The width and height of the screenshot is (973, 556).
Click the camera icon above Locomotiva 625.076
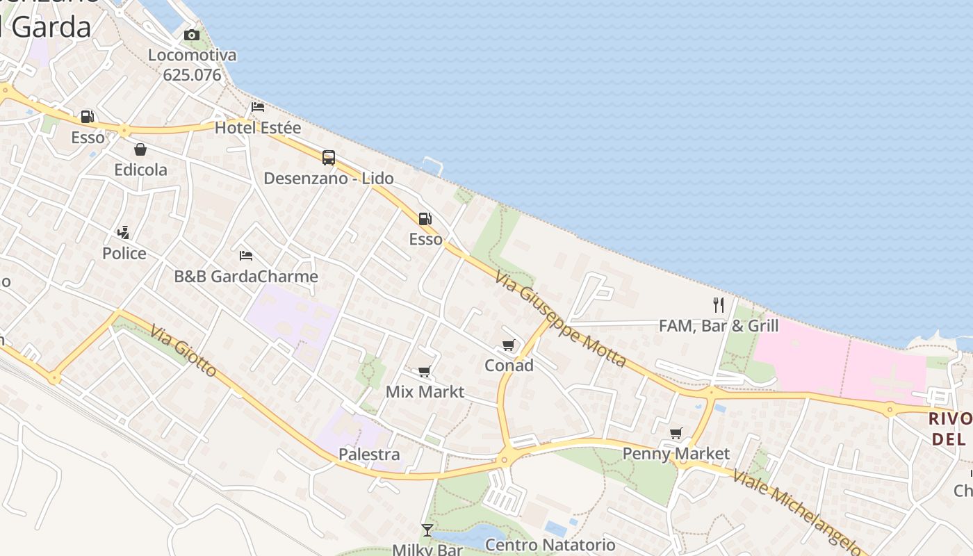pos(192,35)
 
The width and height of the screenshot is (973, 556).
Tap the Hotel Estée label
pos(258,128)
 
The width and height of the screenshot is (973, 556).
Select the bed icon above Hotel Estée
pos(258,107)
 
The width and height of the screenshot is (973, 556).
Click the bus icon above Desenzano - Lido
pos(329,158)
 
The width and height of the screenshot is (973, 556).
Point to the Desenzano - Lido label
pos(329,179)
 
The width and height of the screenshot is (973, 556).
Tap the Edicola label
pos(141,170)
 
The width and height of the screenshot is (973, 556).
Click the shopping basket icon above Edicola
pos(140,149)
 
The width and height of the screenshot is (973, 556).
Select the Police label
pos(124,254)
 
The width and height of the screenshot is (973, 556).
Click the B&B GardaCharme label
pos(246,277)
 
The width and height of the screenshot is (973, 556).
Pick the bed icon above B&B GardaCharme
pos(246,256)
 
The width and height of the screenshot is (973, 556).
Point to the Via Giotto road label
pos(183,352)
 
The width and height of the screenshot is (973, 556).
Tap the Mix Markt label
pos(425,392)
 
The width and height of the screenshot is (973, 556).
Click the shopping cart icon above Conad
pos(509,345)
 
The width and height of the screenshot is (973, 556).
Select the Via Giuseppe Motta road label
pos(561,319)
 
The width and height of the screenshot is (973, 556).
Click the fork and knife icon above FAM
pos(719,305)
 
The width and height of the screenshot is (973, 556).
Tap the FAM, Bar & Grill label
pos(719,326)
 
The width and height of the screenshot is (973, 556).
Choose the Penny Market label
pos(676,455)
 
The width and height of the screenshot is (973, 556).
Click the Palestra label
pos(369,455)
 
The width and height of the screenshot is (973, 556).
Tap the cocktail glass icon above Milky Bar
pos(427,530)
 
